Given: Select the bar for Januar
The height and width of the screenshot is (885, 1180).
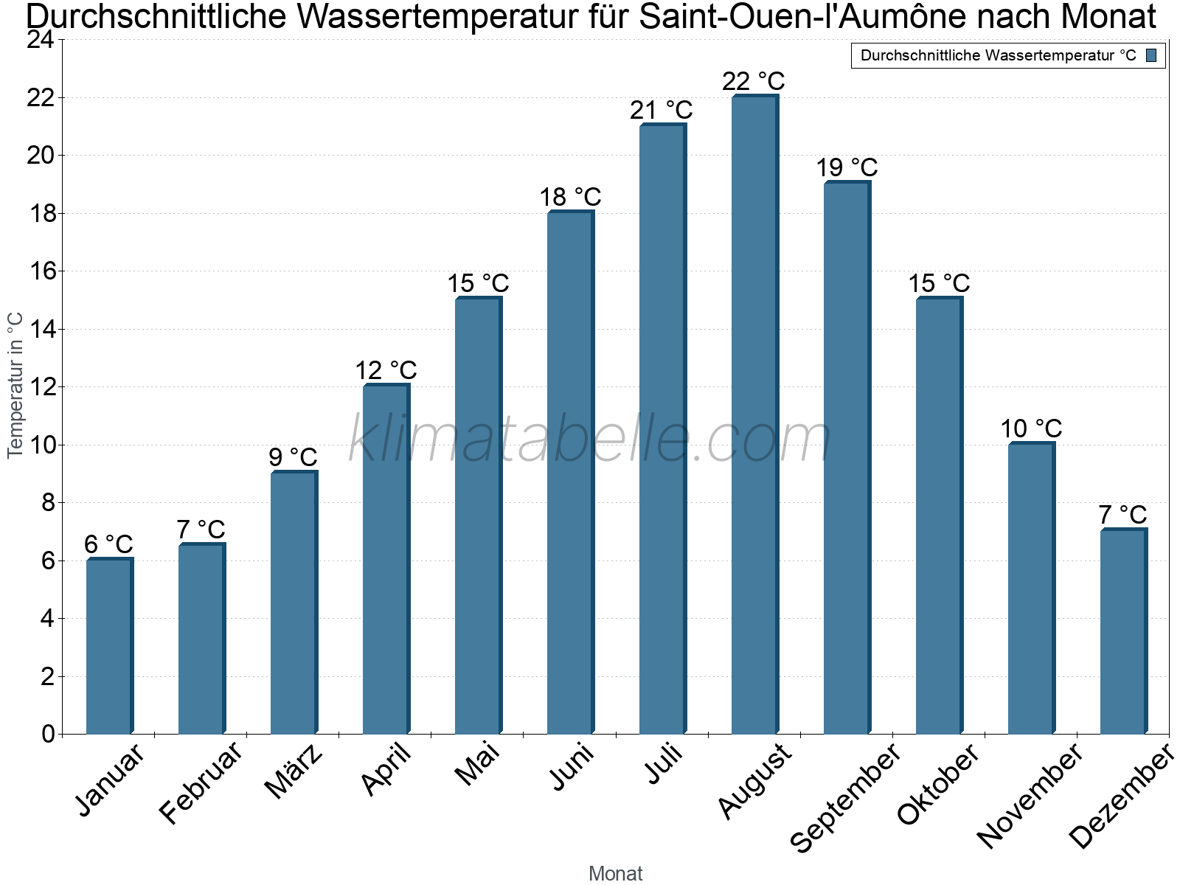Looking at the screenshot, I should click(109, 647).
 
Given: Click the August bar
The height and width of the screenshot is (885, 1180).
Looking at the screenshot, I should click(754, 415).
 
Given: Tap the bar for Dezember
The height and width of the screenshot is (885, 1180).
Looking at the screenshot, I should click(1123, 632).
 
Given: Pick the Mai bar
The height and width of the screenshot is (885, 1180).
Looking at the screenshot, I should click(478, 516).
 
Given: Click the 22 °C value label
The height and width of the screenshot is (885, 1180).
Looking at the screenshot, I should click(754, 81).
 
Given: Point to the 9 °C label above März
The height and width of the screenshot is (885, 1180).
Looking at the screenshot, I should click(293, 457).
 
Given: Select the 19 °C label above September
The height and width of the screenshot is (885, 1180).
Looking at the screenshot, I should click(847, 168).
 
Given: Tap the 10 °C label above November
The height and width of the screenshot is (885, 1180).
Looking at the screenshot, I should click(1031, 428).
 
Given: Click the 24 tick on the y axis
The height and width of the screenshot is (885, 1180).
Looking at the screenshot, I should click(41, 40).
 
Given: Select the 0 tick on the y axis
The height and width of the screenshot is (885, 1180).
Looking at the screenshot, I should click(48, 734).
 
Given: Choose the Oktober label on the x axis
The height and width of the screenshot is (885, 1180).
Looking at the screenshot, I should click(938, 784).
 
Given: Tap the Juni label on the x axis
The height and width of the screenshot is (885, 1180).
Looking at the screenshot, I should click(572, 767).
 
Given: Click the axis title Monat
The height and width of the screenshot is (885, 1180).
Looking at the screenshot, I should click(616, 873).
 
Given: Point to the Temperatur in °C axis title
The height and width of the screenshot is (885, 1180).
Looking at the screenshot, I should click(15, 386).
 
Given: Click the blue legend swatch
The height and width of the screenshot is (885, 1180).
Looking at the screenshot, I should click(1151, 55).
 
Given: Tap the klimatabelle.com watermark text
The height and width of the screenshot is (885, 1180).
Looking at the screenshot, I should click(590, 440).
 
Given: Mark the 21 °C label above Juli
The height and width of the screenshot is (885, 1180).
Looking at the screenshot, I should click(662, 111).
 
